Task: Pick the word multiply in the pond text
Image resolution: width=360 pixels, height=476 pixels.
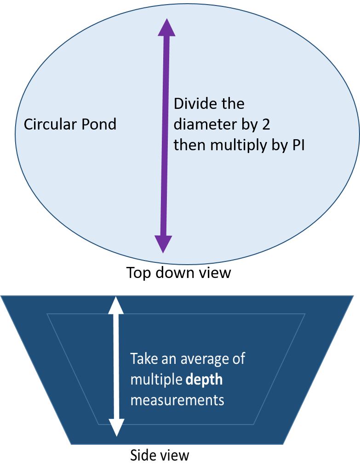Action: [237, 146]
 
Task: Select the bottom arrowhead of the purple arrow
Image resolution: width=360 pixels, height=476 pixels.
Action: [163, 244]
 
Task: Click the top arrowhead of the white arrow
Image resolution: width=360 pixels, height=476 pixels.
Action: [116, 305]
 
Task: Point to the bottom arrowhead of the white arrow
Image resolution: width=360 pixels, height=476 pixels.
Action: [117, 427]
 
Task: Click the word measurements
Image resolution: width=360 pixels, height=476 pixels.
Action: [177, 400]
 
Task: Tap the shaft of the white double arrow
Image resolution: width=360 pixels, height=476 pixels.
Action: [117, 368]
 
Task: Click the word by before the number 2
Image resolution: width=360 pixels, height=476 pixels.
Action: [253, 125]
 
